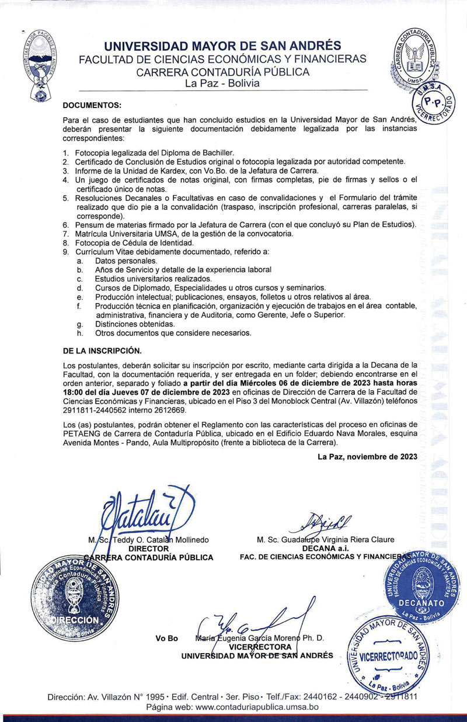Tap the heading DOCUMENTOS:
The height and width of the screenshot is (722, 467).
tap(92, 105)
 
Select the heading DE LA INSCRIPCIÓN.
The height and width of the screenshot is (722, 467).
tap(102, 350)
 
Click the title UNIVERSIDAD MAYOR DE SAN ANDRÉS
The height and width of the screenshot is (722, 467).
tap(223, 46)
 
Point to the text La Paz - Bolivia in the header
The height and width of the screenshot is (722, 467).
tap(222, 84)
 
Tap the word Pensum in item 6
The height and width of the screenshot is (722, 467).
tap(88, 225)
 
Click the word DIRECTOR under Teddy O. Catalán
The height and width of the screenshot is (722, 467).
tap(149, 549)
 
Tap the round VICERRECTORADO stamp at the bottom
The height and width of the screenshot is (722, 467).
tap(388, 655)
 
